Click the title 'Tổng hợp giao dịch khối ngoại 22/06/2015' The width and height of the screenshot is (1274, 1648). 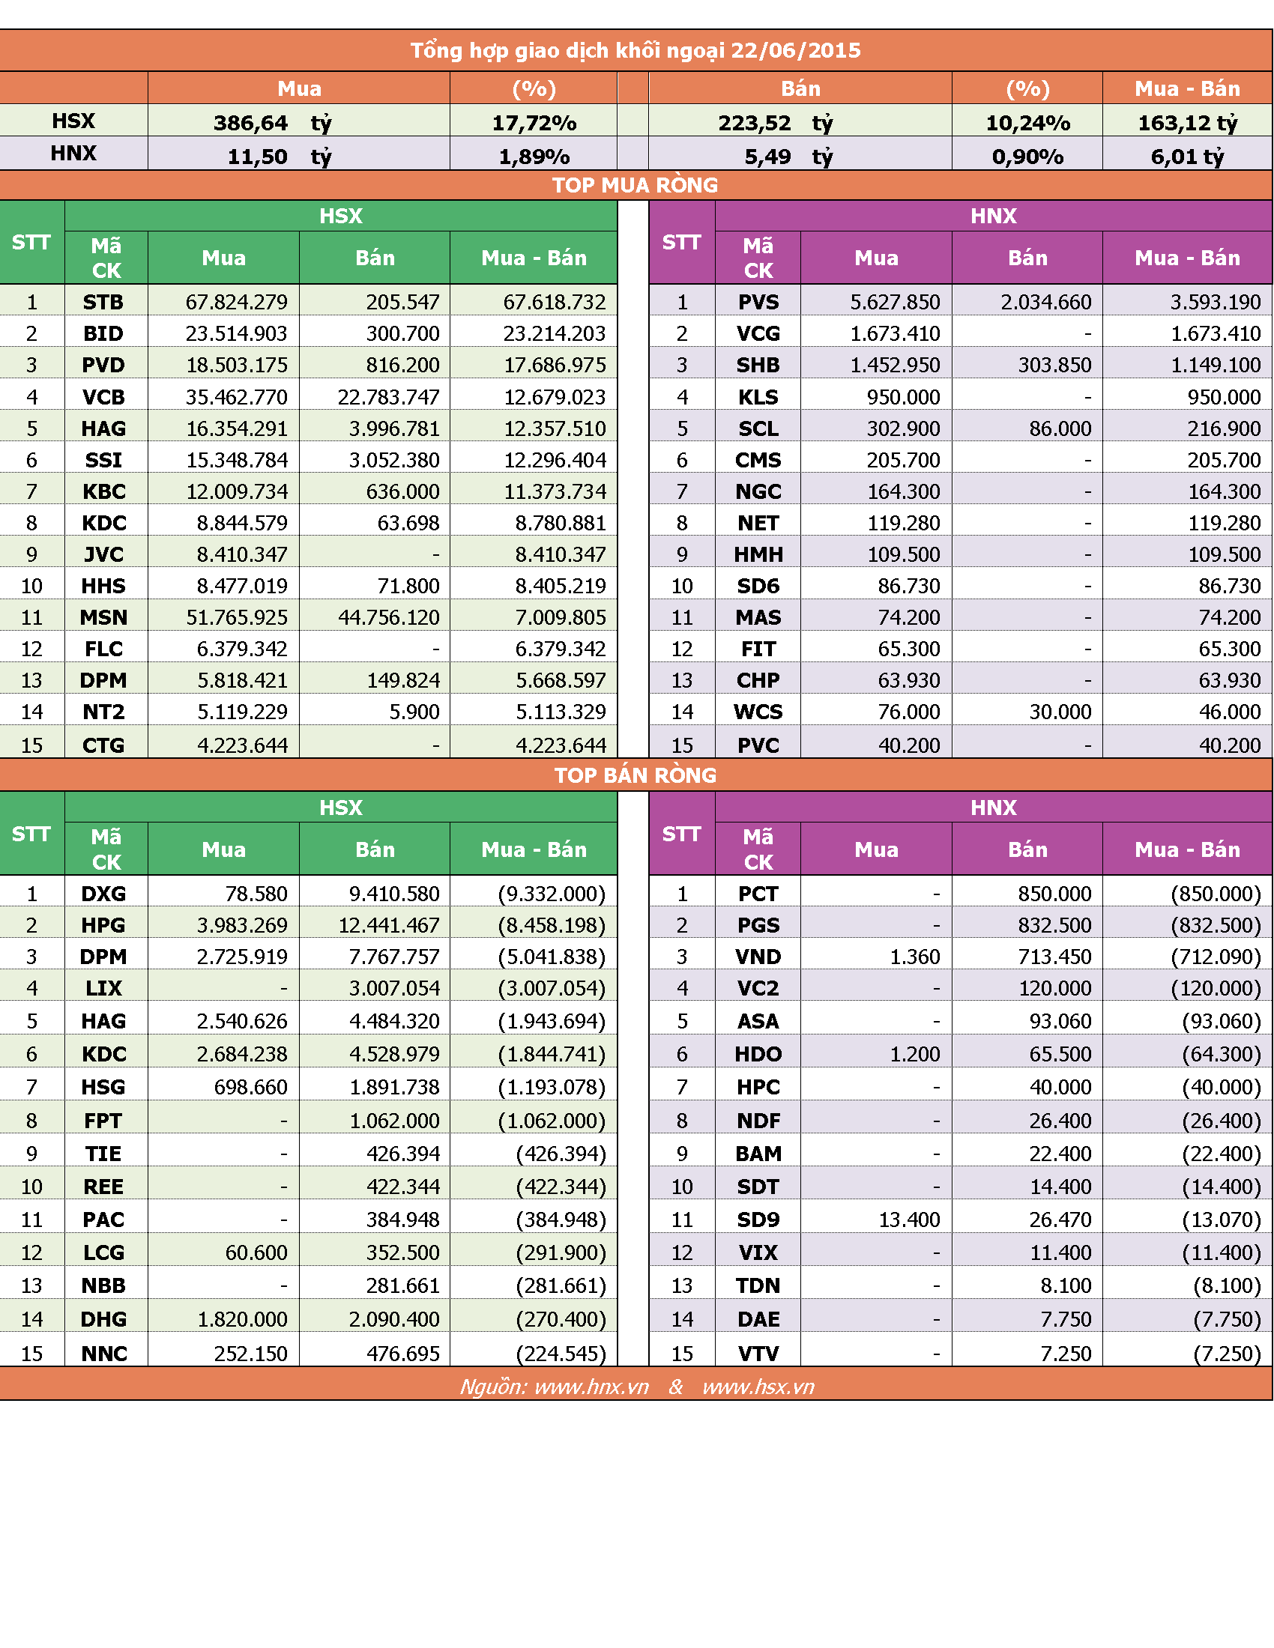click(636, 50)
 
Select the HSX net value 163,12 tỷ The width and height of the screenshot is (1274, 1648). click(1187, 122)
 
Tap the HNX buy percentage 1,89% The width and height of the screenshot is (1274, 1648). click(534, 157)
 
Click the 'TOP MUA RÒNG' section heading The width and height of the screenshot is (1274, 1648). click(635, 185)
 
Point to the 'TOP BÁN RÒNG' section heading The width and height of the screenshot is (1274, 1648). click(635, 775)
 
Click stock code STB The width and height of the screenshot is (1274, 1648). click(103, 302)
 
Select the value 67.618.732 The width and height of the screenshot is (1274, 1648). click(555, 302)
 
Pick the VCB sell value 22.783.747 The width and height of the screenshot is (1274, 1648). click(389, 397)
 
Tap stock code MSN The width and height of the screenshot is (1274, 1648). click(103, 617)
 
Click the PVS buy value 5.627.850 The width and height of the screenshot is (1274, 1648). click(895, 302)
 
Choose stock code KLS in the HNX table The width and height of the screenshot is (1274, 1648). click(758, 397)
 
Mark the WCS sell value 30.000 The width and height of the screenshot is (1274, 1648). click(1060, 712)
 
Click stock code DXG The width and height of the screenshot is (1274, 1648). click(103, 894)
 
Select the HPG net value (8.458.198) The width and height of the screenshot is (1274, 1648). click(552, 925)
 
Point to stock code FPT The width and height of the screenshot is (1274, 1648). click(103, 1121)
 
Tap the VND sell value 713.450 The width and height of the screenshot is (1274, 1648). click(1054, 957)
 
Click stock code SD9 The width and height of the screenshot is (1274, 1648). click(758, 1220)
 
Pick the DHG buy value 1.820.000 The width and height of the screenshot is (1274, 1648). click(242, 1319)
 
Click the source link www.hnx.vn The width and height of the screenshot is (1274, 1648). click(592, 1387)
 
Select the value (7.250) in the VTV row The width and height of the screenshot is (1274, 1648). click(1228, 1354)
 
